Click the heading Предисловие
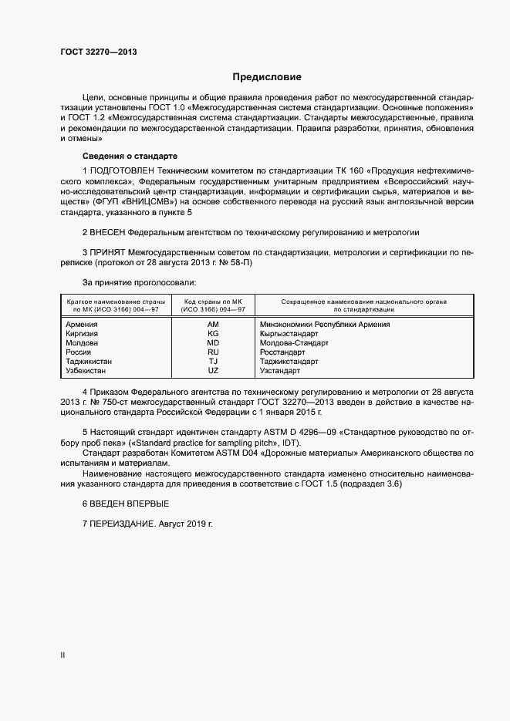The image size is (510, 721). [267, 77]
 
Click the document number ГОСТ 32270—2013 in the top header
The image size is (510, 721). [99, 52]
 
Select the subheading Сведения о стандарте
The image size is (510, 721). [129, 156]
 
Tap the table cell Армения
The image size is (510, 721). [82, 325]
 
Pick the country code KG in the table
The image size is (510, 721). [213, 334]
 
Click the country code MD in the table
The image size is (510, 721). [213, 343]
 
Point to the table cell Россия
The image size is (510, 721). [79, 352]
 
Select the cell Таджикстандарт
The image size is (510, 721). [290, 362]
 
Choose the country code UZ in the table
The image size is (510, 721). [213, 371]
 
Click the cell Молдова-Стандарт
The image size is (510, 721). [294, 343]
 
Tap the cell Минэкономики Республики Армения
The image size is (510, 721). [325, 325]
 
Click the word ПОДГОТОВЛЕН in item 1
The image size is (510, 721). [123, 169]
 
